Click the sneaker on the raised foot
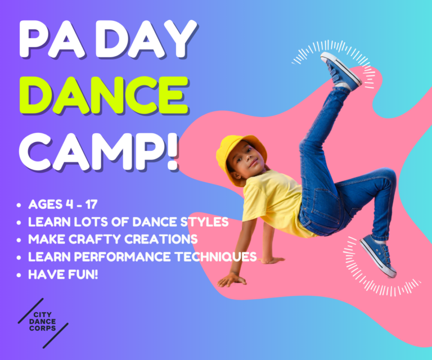pos(340,70)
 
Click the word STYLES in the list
pos(203,222)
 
